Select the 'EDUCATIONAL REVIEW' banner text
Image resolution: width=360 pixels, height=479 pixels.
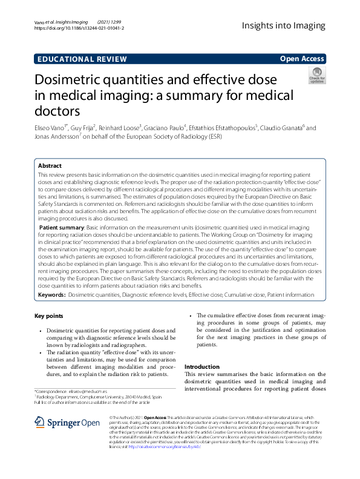point(82,59)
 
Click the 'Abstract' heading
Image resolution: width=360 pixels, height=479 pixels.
point(50,165)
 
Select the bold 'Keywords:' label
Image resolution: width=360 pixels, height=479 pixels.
point(51,294)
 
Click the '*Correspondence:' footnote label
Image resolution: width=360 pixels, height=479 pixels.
point(52,392)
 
